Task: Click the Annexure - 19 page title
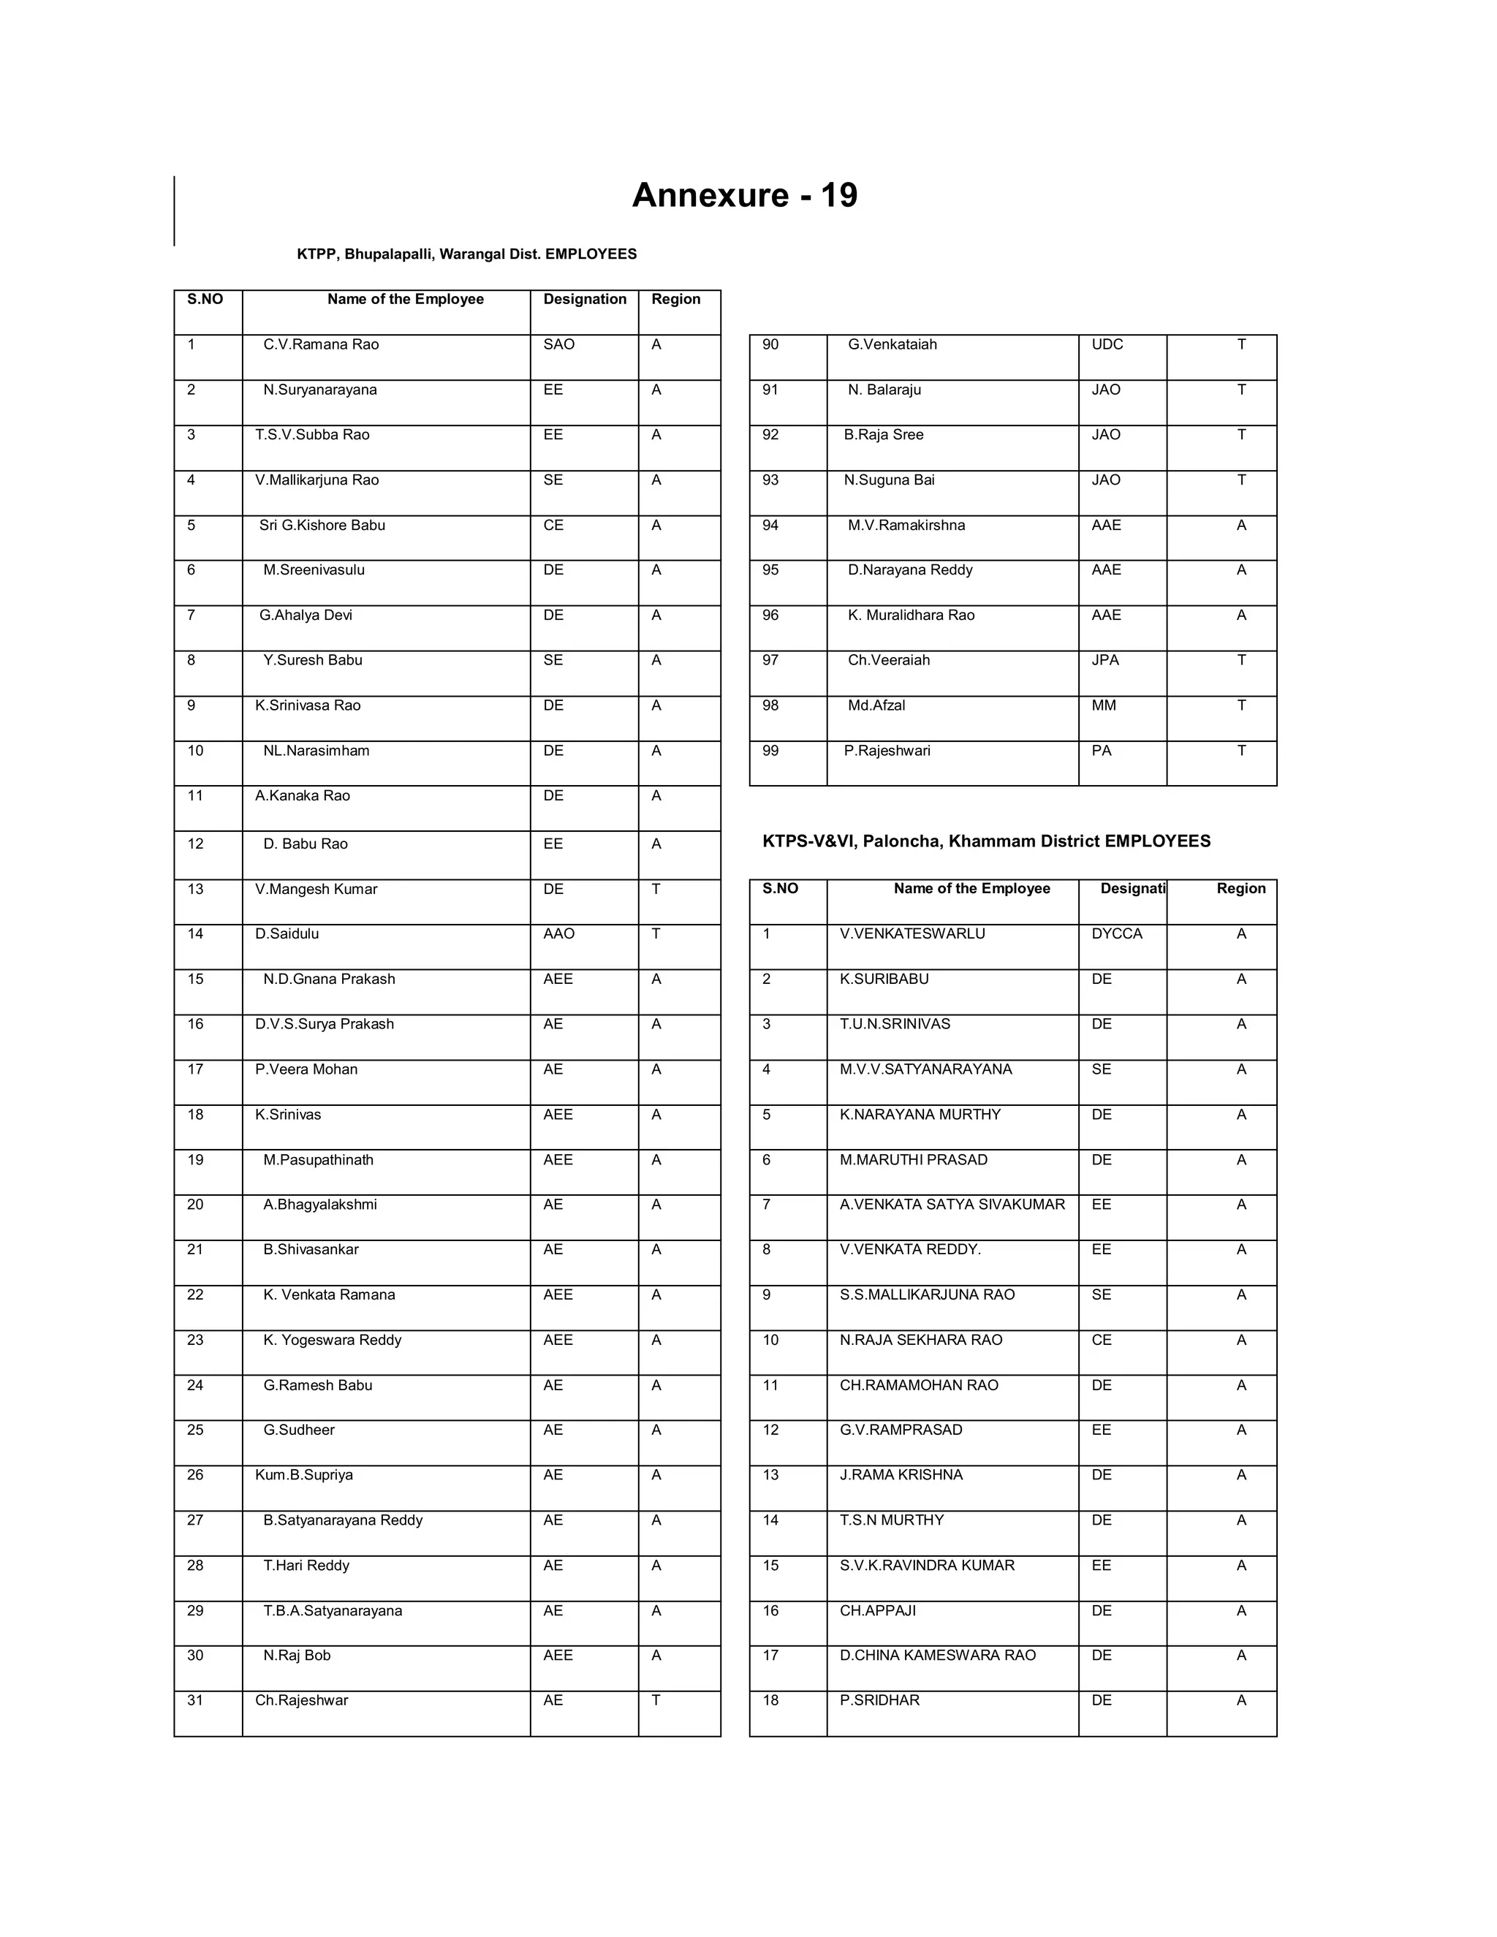tap(744, 195)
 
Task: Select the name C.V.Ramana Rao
tap(320, 345)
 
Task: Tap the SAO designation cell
tap(558, 345)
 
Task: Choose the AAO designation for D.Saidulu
tap(558, 934)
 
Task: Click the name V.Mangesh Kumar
tap(316, 890)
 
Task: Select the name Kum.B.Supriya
tap(303, 1475)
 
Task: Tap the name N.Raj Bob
tap(296, 1655)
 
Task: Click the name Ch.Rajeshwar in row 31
tap(302, 1700)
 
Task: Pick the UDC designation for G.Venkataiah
tap(1107, 345)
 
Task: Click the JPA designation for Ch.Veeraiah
tap(1105, 661)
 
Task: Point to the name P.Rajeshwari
tap(887, 751)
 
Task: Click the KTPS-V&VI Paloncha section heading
tap(986, 841)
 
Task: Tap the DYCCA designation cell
tap(1117, 934)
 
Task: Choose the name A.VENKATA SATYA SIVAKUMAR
tap(952, 1205)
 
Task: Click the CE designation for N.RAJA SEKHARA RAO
tap(1101, 1340)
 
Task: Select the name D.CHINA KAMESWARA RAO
tap(937, 1655)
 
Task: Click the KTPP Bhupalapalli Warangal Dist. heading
tap(466, 254)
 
